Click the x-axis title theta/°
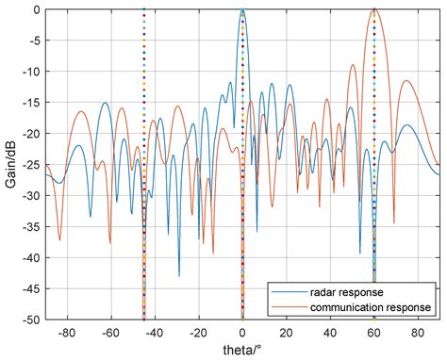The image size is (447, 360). pyautogui.click(x=243, y=350)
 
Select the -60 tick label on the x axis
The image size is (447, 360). pyautogui.click(x=110, y=333)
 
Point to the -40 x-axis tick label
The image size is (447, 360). pyautogui.click(x=155, y=333)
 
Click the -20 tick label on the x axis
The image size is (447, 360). pyautogui.click(x=198, y=333)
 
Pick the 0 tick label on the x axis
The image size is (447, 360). pyautogui.click(x=243, y=333)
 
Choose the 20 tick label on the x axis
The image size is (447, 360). pyautogui.click(x=287, y=333)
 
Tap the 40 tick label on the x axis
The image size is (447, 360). pyautogui.click(x=330, y=333)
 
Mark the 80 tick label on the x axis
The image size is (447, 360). pyautogui.click(x=418, y=333)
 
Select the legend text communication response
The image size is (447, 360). pyautogui.click(x=373, y=307)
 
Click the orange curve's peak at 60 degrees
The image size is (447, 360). pyautogui.click(x=374, y=9)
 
